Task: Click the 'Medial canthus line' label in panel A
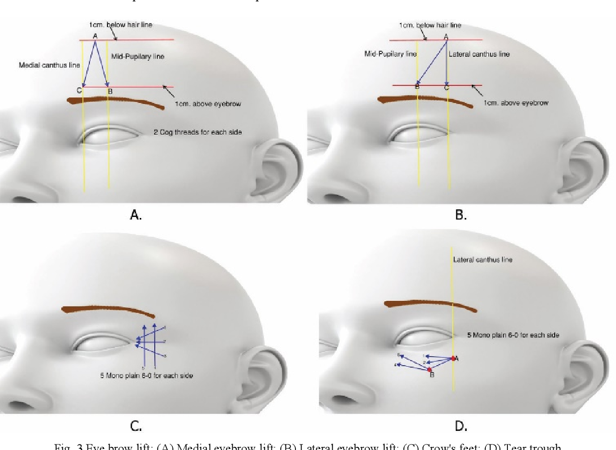tap(42, 65)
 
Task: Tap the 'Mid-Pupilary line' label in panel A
tap(138, 57)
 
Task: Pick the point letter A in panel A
tap(95, 35)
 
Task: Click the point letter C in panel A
tap(79, 90)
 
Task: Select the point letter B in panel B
tap(417, 87)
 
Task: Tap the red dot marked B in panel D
tap(430, 370)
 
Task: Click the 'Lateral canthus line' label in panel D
tap(483, 260)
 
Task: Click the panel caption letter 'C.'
tap(136, 427)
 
